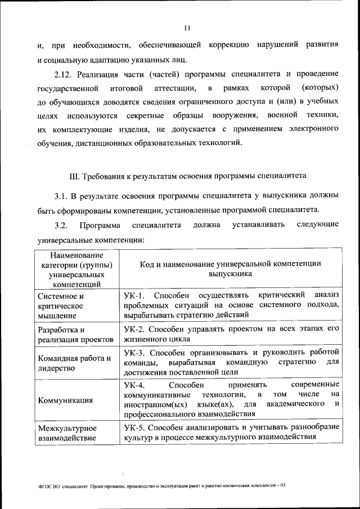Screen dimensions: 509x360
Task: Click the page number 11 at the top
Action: coord(187,27)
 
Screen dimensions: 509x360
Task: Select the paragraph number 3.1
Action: coord(61,196)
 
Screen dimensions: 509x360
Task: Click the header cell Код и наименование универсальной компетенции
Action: coord(231,268)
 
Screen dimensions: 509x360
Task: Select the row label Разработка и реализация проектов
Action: coord(75,335)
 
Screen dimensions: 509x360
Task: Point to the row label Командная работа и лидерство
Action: coord(73,363)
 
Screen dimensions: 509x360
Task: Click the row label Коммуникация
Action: coord(65,400)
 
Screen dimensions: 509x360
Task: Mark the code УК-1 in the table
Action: coord(134,295)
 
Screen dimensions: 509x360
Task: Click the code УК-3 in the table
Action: coord(134,353)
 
